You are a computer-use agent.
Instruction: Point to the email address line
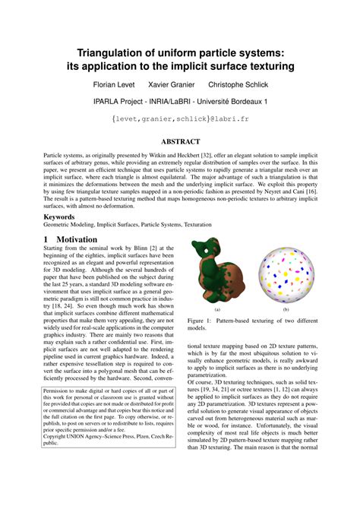point(180,119)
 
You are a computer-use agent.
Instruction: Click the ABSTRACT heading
point(180,141)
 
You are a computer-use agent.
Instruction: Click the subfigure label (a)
point(217,310)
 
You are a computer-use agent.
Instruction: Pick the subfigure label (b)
point(286,310)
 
